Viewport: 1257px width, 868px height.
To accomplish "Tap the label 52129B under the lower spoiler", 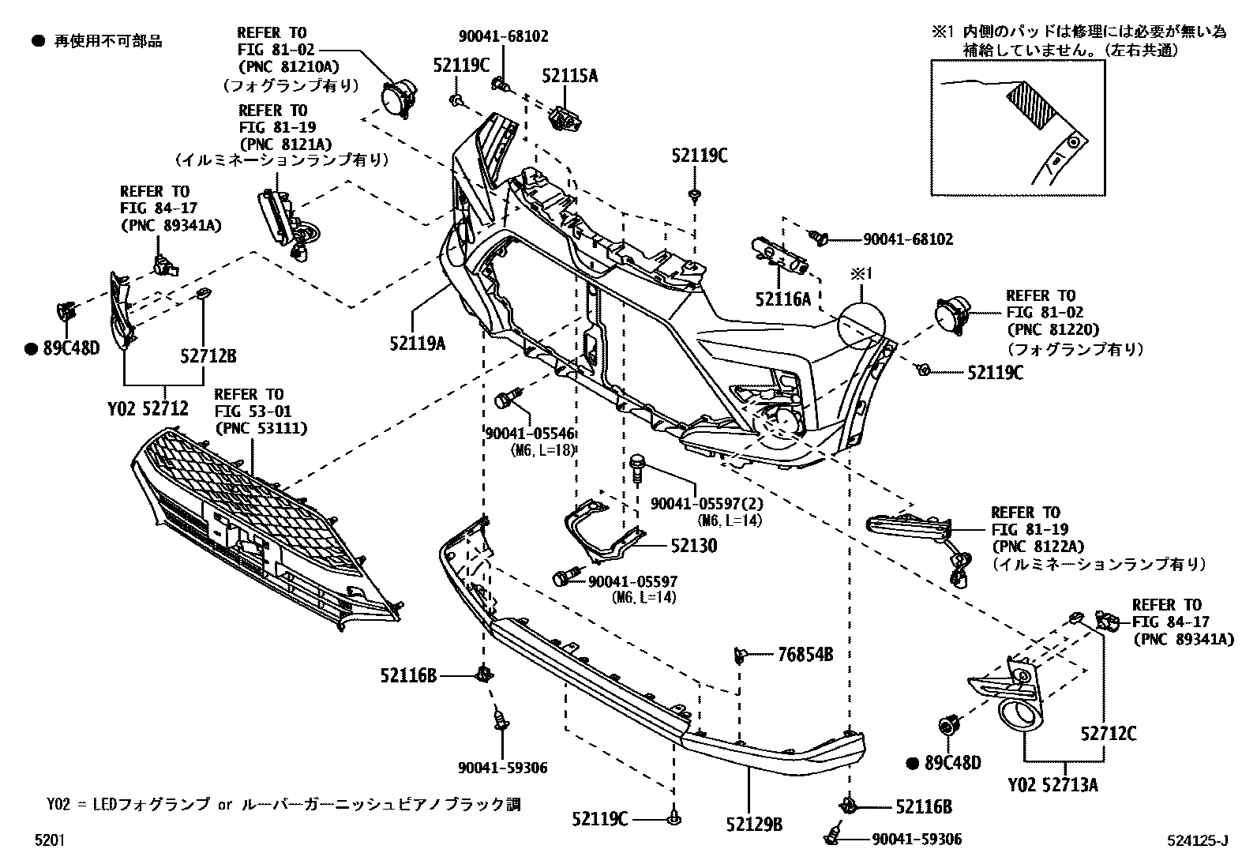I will [x=754, y=824].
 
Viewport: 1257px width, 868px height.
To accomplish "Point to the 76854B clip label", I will [x=805, y=654].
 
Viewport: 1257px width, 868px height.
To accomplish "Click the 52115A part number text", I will [x=569, y=77].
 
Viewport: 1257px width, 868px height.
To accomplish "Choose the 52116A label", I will [x=782, y=299].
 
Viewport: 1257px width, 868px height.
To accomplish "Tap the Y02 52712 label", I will [x=148, y=408].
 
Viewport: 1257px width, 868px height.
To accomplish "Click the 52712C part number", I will [x=1109, y=734].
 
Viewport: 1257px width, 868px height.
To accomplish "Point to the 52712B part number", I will [x=208, y=357].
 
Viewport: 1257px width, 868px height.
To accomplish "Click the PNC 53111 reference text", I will [x=261, y=428].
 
